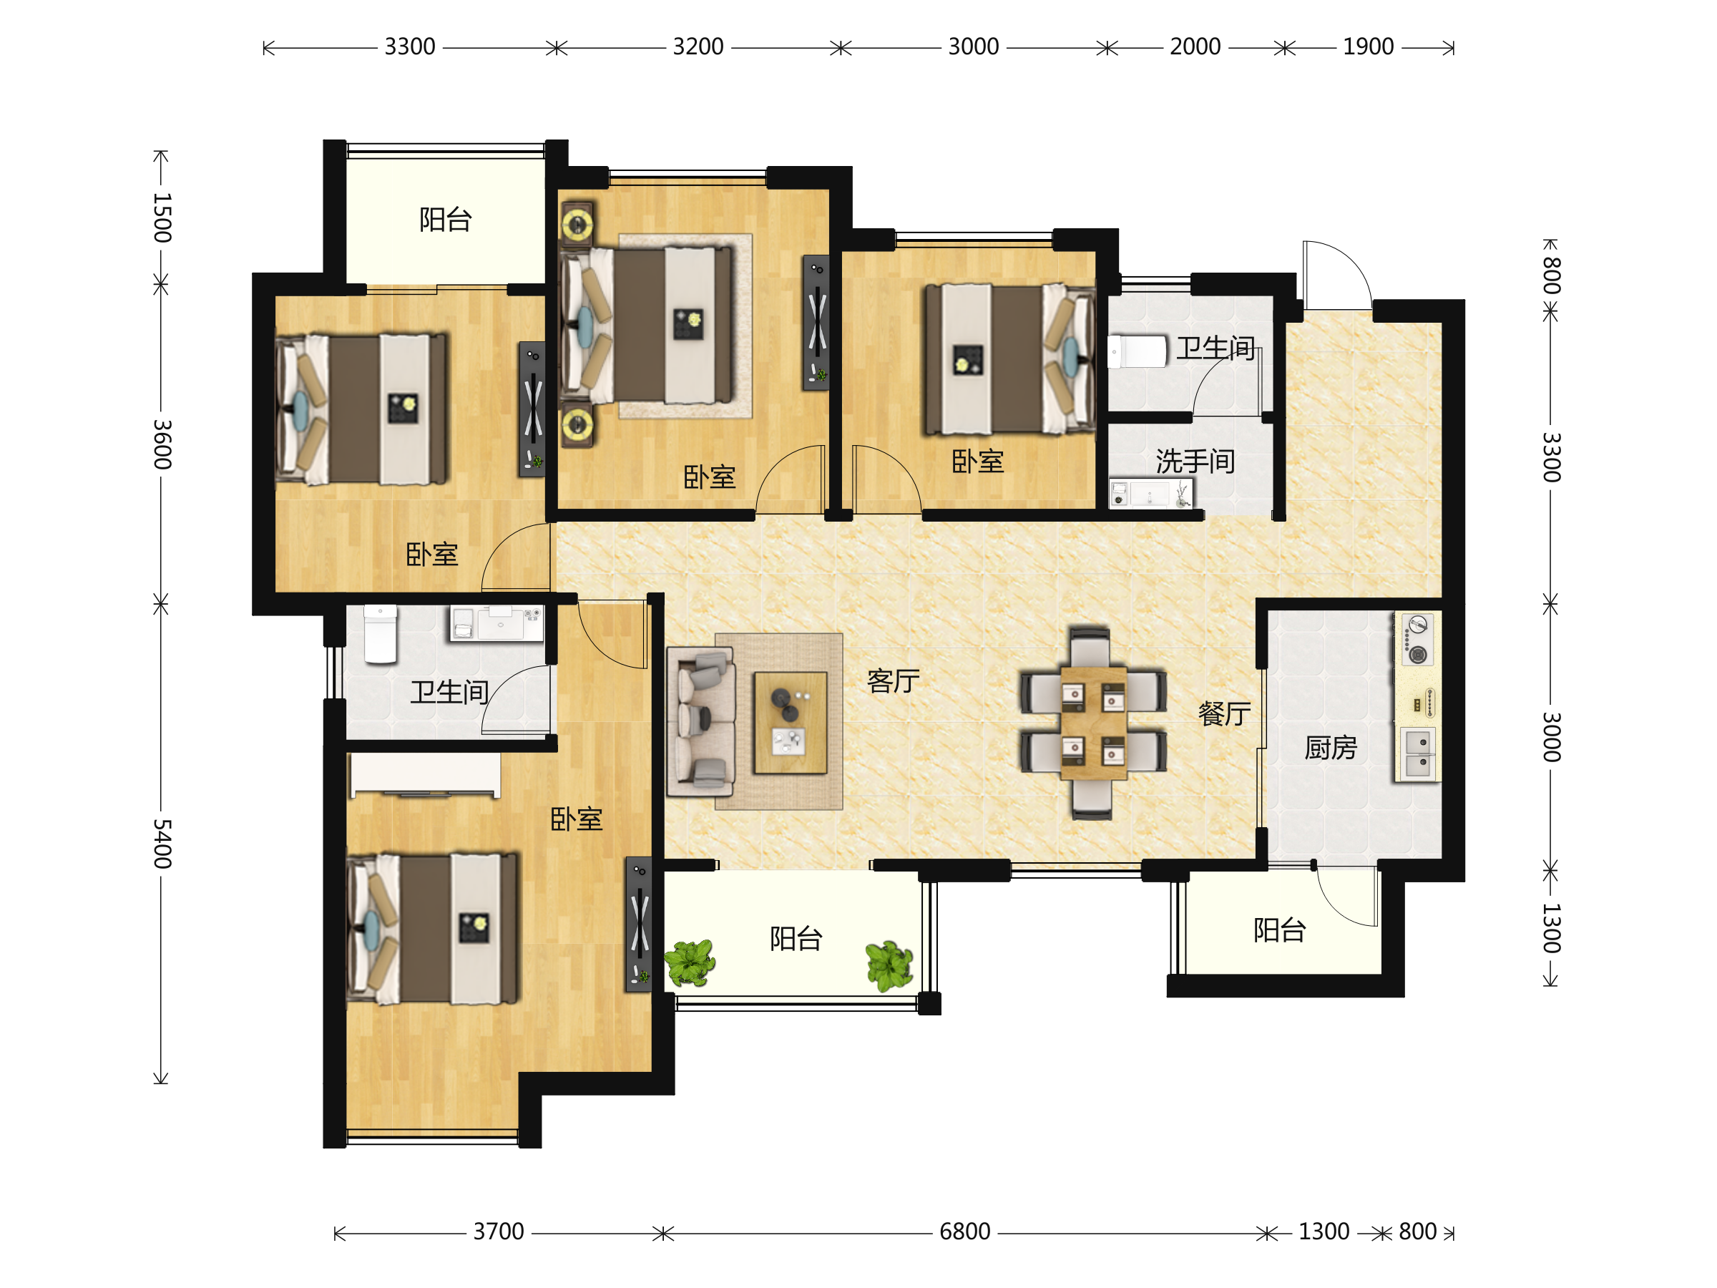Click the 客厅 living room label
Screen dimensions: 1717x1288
[x=893, y=681]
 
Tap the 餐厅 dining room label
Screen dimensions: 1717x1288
[x=1224, y=713]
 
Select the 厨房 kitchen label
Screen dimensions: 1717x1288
[x=1331, y=748]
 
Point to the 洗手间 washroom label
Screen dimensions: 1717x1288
[x=1195, y=461]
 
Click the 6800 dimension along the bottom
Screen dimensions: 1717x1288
[x=964, y=1231]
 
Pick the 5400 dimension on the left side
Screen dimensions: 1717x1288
[x=162, y=843]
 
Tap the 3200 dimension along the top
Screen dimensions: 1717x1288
[x=698, y=47]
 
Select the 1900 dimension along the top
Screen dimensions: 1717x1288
[x=1368, y=47]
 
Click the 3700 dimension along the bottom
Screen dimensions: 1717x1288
[x=499, y=1231]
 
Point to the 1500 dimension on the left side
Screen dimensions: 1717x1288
[x=162, y=218]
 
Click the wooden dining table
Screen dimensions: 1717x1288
[x=1093, y=723]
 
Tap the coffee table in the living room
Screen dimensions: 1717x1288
[x=791, y=723]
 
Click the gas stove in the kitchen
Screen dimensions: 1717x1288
[x=1417, y=640]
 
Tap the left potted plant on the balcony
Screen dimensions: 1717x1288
[x=689, y=962]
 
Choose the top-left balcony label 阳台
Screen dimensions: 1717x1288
[x=446, y=220]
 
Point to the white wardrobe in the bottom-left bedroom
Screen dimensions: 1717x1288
[x=426, y=775]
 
